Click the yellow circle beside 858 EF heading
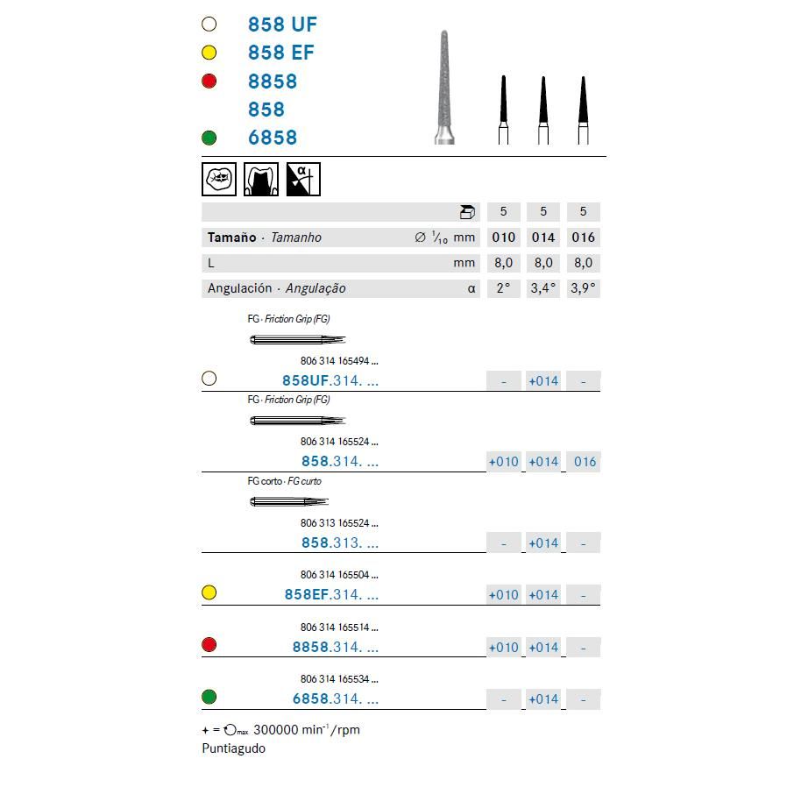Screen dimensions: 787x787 pyautogui.click(x=209, y=53)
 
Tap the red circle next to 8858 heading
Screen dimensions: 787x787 pyautogui.click(x=209, y=81)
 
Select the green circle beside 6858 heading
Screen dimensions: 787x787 pyautogui.click(x=209, y=138)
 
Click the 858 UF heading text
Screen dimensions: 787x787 pyautogui.click(x=281, y=25)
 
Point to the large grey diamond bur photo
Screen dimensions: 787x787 pyautogui.click(x=445, y=87)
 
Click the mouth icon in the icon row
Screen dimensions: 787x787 pyautogui.click(x=218, y=179)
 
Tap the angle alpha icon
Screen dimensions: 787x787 pyautogui.click(x=303, y=179)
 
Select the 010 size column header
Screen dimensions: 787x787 pyautogui.click(x=503, y=237)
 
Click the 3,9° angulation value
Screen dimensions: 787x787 pyautogui.click(x=584, y=287)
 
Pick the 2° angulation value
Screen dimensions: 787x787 pyautogui.click(x=503, y=287)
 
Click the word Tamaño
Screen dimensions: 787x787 pyautogui.click(x=231, y=237)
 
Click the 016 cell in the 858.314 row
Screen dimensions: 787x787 pyautogui.click(x=584, y=462)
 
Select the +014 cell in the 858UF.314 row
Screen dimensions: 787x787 pyautogui.click(x=543, y=380)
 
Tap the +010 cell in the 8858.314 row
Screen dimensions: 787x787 pyautogui.click(x=503, y=647)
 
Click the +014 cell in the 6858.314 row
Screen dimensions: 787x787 pyautogui.click(x=543, y=698)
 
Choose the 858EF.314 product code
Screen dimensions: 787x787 pyautogui.click(x=330, y=594)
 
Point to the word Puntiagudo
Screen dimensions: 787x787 pyautogui.click(x=233, y=748)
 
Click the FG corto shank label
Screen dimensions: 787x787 pyautogui.click(x=265, y=481)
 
